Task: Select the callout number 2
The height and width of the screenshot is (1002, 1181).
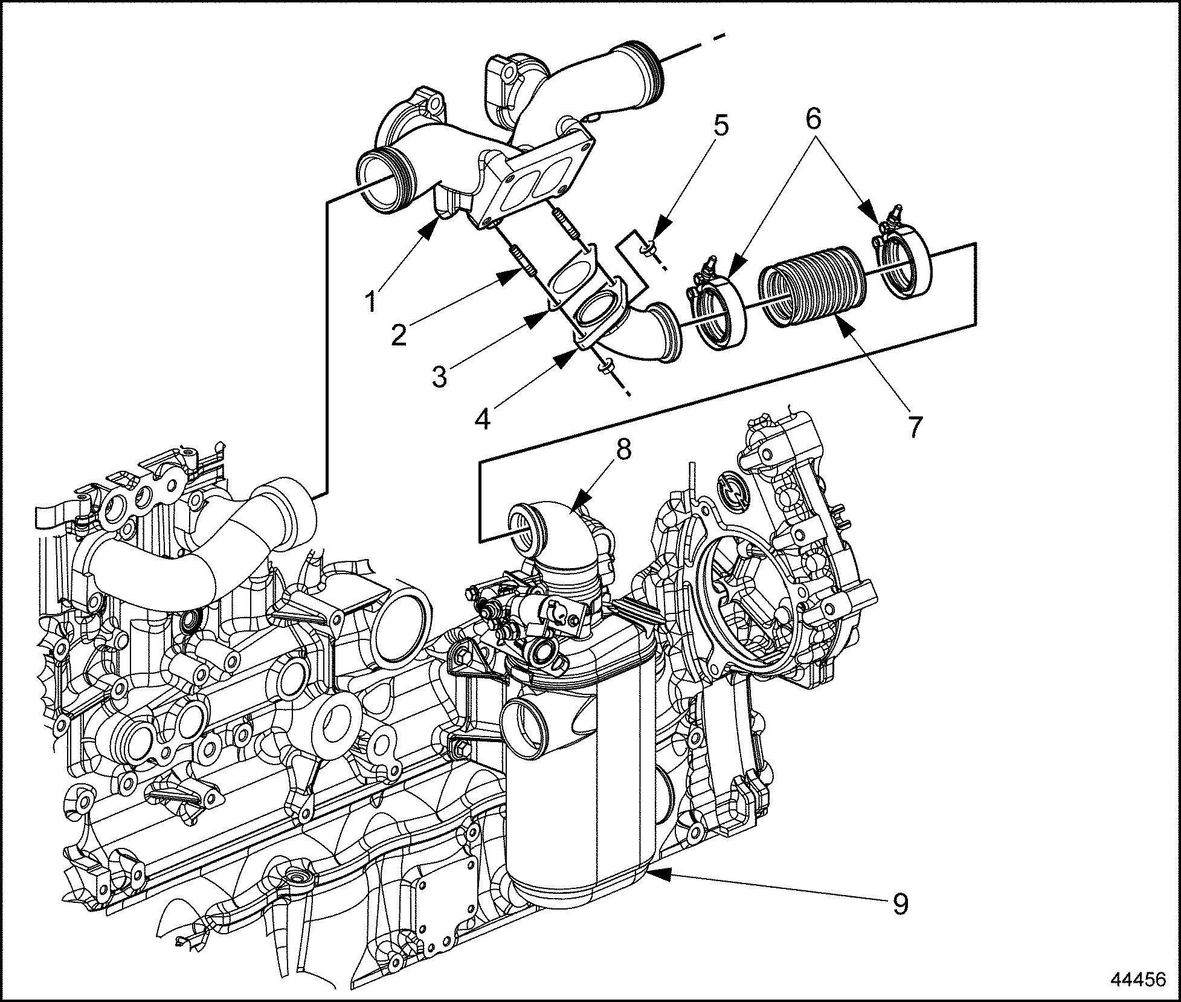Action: pyautogui.click(x=399, y=334)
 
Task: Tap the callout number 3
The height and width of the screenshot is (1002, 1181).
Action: pyautogui.click(x=439, y=376)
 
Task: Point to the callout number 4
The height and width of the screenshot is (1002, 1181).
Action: pyautogui.click(x=483, y=417)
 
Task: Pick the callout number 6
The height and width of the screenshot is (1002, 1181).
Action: pyautogui.click(x=813, y=119)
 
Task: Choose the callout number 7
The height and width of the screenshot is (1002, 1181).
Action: pyautogui.click(x=915, y=427)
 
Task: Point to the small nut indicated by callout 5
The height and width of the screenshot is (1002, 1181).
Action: pyautogui.click(x=646, y=248)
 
